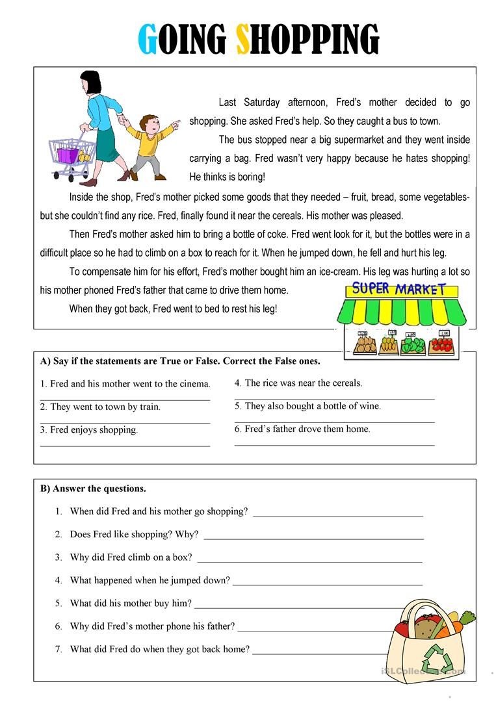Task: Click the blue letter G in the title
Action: [x=149, y=40]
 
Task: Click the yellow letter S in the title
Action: [x=242, y=40]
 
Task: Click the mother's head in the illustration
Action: [x=91, y=83]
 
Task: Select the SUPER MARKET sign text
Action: [x=398, y=288]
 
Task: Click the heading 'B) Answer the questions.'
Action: [x=93, y=489]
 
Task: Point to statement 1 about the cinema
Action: [x=125, y=383]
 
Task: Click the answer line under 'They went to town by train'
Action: [x=125, y=423]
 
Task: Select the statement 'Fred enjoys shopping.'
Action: [x=89, y=429]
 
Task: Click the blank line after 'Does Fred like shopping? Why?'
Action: [x=313, y=539]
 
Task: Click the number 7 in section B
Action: [x=59, y=648]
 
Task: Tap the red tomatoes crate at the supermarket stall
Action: [x=441, y=344]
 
